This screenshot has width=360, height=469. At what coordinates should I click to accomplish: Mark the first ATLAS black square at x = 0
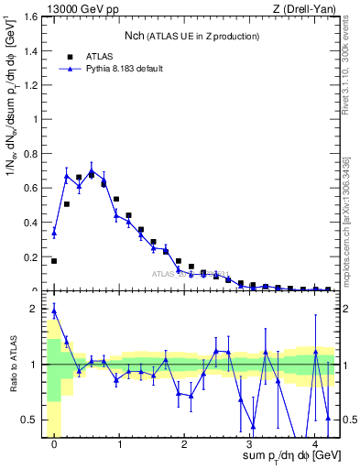pyautogui.click(x=54, y=261)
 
